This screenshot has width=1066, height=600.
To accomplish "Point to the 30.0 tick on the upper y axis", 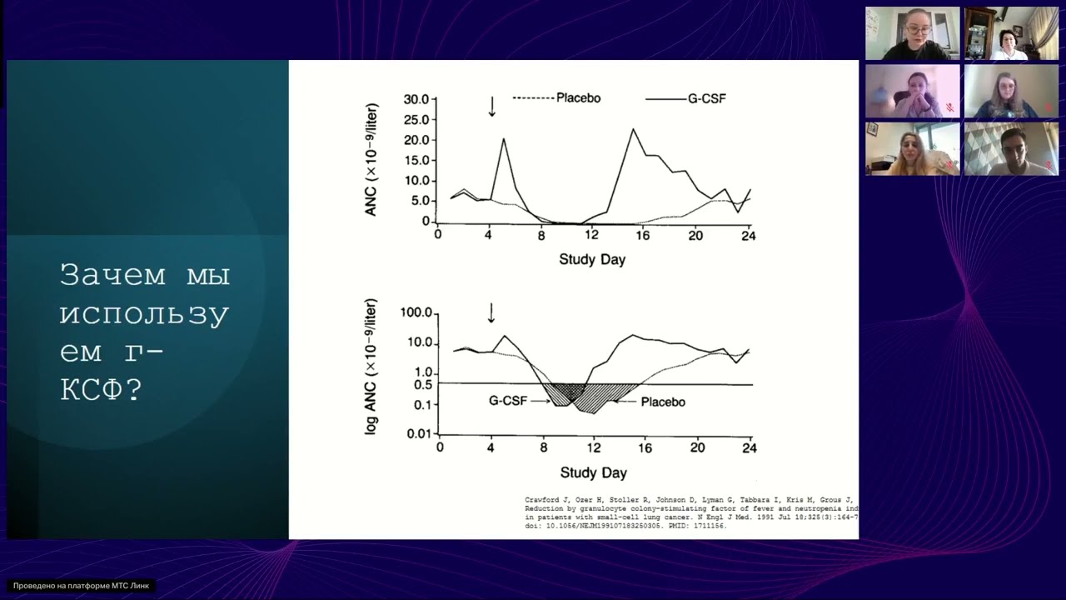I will (x=416, y=99).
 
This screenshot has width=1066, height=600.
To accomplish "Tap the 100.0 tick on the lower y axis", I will (x=416, y=313).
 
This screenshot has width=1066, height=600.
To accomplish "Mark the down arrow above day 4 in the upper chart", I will (x=492, y=106).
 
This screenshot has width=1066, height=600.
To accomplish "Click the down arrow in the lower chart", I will (x=491, y=312).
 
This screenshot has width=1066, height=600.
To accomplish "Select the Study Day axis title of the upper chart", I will (x=592, y=259).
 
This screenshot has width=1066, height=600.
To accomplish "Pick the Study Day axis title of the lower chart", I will (x=593, y=472).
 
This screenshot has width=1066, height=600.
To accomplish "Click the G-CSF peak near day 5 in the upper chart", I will (x=504, y=138).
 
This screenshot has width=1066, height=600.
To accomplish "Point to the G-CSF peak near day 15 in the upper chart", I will (x=633, y=129).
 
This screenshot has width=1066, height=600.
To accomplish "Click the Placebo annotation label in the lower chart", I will (x=663, y=402).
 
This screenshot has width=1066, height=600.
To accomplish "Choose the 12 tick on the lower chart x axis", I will (x=594, y=447).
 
